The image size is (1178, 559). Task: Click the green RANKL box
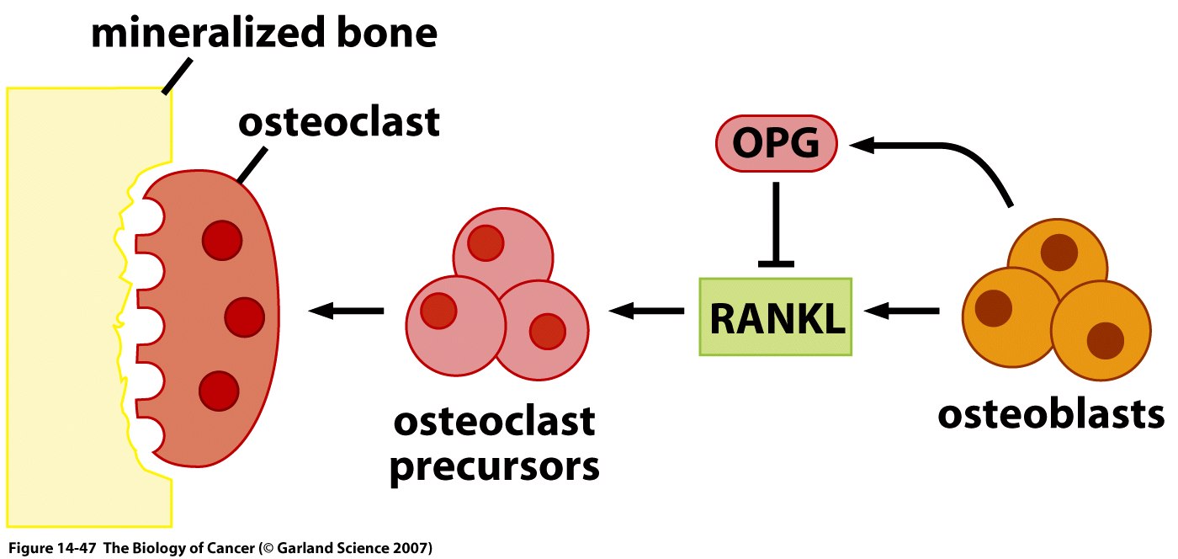coord(776,316)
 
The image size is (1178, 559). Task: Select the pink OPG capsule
coord(776,144)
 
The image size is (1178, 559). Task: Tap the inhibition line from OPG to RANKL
coord(775,223)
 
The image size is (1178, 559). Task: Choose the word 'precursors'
coord(494,466)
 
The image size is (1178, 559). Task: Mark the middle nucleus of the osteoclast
coord(245,316)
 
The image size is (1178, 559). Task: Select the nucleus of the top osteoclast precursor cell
coord(486,243)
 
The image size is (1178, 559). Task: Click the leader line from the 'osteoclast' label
coord(252,164)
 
